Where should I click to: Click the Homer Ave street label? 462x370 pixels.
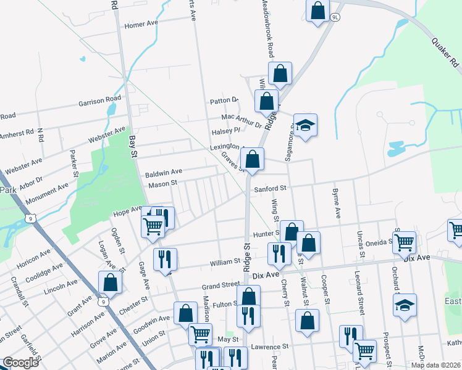pyautogui.click(x=143, y=25)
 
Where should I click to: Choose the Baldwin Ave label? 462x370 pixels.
pyautogui.click(x=164, y=172)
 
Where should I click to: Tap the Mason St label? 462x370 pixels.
pyautogui.click(x=162, y=183)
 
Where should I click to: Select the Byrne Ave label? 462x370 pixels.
pyautogui.click(x=338, y=203)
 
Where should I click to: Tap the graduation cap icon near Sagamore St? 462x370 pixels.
pyautogui.click(x=305, y=126)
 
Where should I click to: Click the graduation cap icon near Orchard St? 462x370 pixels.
pyautogui.click(x=405, y=305)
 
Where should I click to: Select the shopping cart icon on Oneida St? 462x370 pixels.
pyautogui.click(x=405, y=242)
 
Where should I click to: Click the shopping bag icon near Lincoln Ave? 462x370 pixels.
pyautogui.click(x=110, y=282)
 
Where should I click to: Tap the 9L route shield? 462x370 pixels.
pyautogui.click(x=335, y=17)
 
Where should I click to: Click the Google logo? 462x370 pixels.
pyautogui.click(x=20, y=363)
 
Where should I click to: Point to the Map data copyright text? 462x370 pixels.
pyautogui.click(x=435, y=365)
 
